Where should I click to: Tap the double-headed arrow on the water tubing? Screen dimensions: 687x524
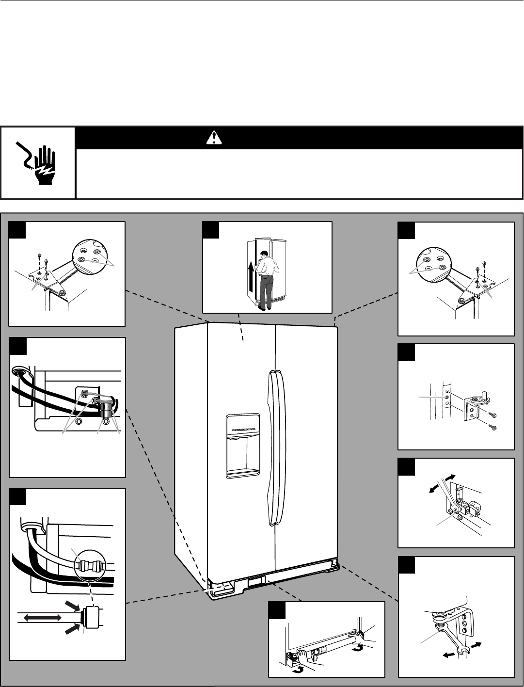coord(42,617)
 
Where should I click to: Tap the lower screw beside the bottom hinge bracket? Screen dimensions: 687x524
coord(493,427)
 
